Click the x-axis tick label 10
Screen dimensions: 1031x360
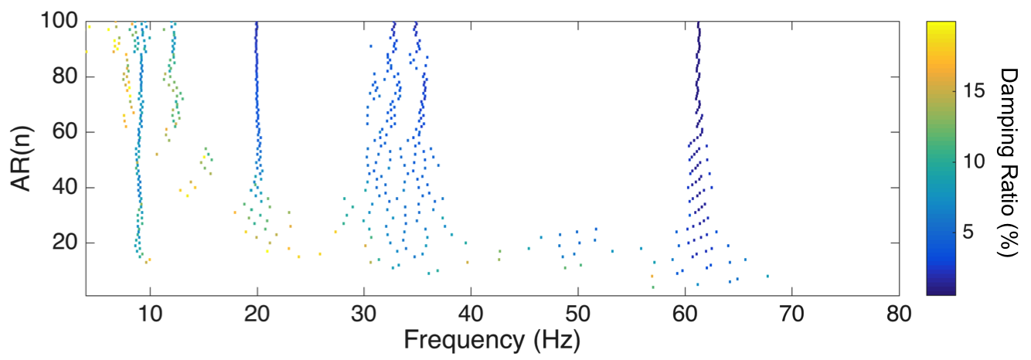click(x=150, y=314)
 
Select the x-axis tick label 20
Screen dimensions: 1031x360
click(x=257, y=314)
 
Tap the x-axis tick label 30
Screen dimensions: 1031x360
click(x=364, y=314)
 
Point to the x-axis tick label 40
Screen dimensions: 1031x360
click(x=471, y=314)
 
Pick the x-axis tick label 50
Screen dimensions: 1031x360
click(x=578, y=314)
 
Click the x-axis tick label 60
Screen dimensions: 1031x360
click(x=685, y=314)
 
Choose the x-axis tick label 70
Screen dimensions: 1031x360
click(x=792, y=314)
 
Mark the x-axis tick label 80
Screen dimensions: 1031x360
click(x=899, y=314)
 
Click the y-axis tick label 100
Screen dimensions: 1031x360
click(x=59, y=21)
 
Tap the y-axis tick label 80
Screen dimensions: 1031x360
click(x=65, y=76)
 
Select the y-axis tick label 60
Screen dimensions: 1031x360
click(x=65, y=131)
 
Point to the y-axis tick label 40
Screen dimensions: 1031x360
click(x=65, y=188)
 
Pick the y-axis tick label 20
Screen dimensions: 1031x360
click(x=65, y=243)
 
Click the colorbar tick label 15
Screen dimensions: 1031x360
click(x=974, y=91)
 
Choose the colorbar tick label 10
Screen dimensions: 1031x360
click(x=974, y=161)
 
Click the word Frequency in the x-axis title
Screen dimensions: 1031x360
click(x=464, y=340)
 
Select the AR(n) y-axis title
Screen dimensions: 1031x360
click(x=21, y=158)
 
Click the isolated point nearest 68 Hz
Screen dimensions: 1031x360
click(x=767, y=277)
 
